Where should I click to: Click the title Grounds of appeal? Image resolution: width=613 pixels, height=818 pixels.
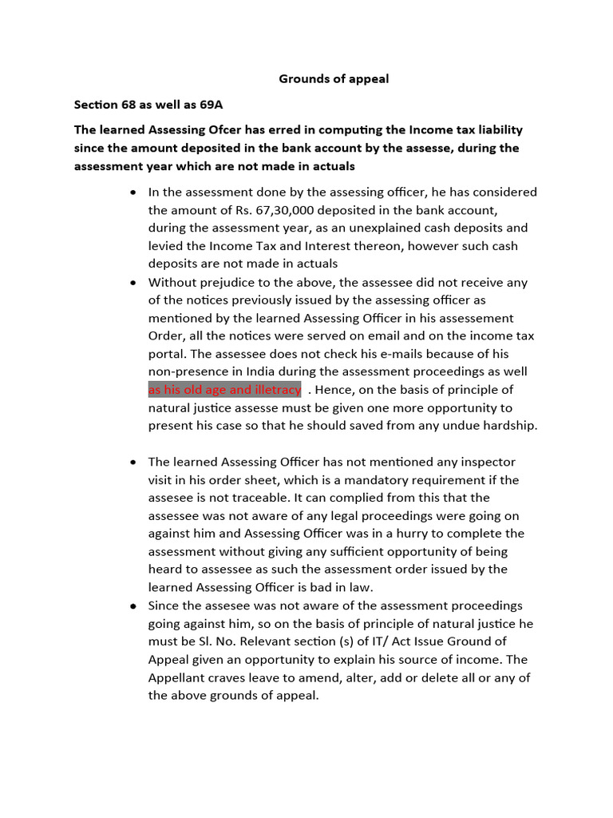[334, 79]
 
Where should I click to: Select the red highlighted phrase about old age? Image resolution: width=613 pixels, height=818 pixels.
[224, 390]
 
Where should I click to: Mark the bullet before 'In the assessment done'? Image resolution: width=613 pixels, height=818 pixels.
[132, 193]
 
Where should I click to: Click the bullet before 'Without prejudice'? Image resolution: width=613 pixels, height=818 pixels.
[132, 283]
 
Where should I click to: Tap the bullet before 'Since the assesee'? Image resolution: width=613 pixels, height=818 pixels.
[132, 606]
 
